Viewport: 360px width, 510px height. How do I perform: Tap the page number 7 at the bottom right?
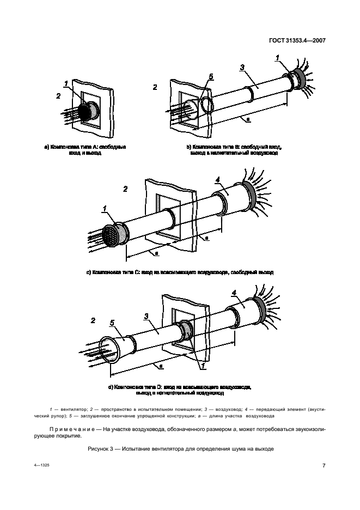tap(323, 465)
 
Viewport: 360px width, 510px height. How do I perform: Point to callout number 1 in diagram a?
tap(66, 83)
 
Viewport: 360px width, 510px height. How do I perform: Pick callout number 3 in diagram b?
tap(242, 68)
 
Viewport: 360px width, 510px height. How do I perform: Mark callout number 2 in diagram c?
tap(126, 189)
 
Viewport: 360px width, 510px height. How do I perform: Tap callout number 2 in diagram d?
tap(93, 320)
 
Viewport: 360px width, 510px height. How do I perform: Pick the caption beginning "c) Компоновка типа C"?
tap(180, 271)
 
